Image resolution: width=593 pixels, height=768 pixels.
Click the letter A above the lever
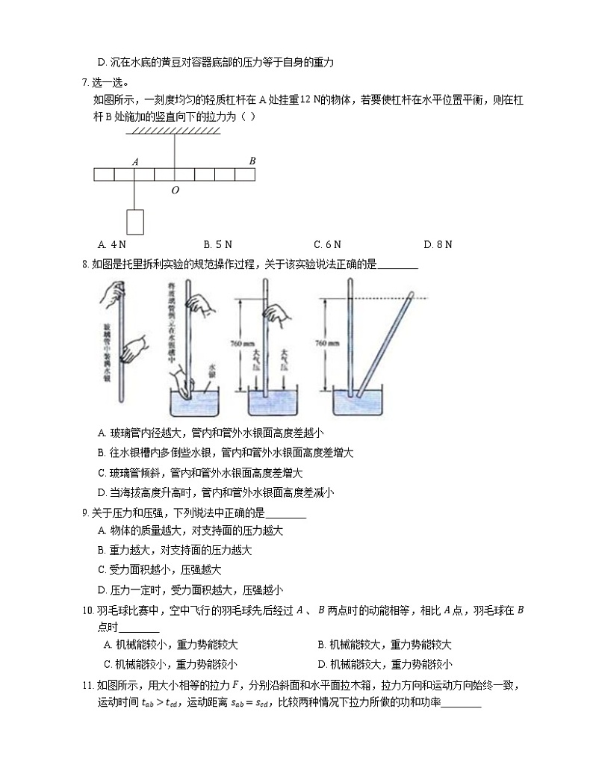[135, 161]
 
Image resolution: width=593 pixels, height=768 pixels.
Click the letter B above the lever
[252, 160]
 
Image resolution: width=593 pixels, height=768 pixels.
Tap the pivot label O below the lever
[175, 191]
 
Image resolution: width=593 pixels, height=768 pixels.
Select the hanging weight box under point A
[135, 222]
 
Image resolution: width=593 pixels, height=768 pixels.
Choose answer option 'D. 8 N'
[438, 244]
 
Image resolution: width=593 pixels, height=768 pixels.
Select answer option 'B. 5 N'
[218, 244]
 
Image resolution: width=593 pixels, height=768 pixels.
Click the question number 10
[87, 610]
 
